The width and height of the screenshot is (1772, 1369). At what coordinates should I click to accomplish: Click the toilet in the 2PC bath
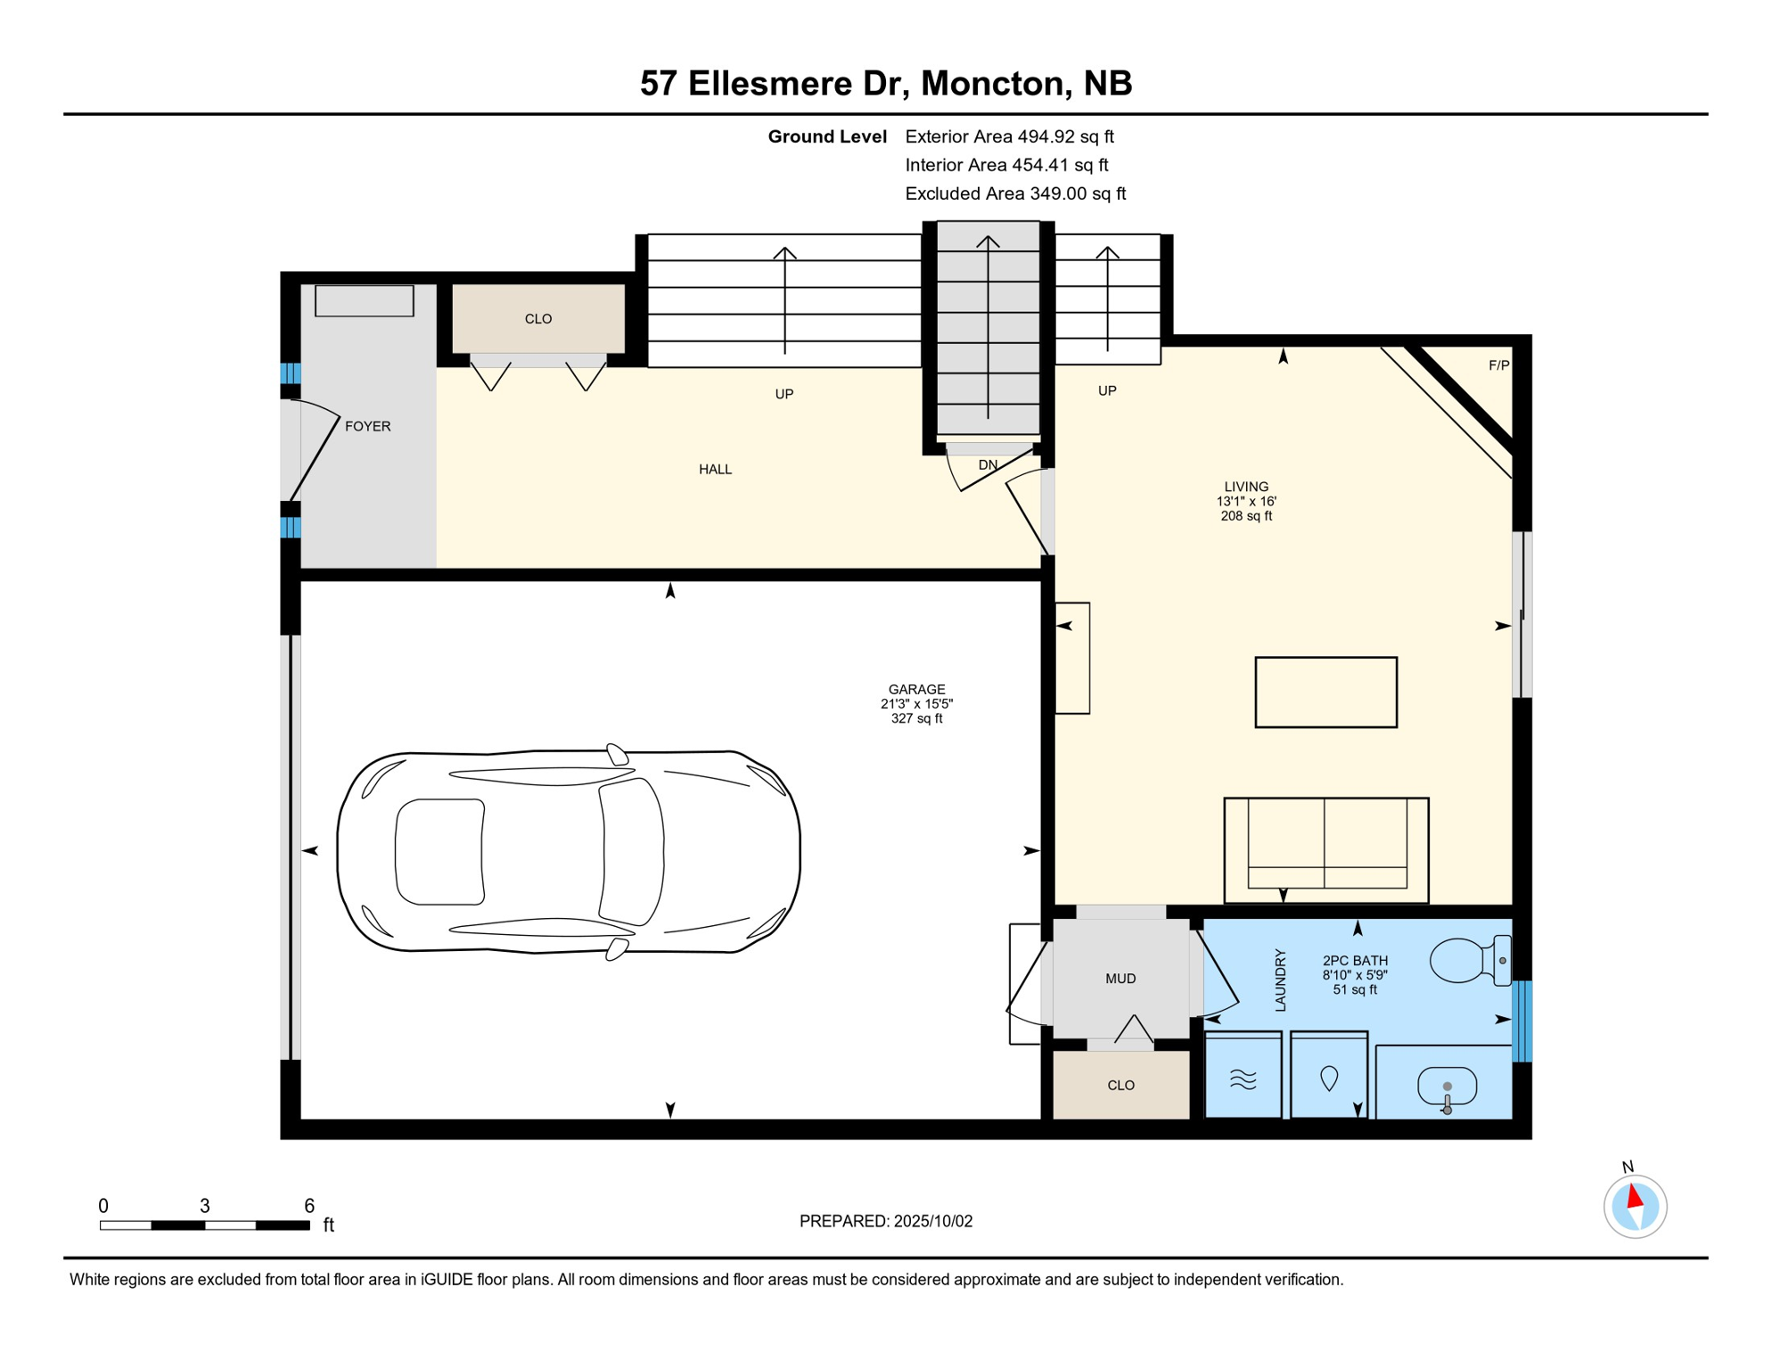[1470, 960]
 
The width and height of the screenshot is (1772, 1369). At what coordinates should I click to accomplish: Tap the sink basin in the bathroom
[1447, 1087]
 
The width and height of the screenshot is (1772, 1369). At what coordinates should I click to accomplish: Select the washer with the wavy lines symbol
[1243, 1075]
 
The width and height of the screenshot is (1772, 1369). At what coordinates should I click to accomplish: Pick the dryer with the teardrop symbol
[1329, 1075]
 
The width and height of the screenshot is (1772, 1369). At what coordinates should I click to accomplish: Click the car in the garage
[569, 851]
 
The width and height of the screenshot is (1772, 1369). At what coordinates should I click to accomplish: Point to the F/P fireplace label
[1498, 365]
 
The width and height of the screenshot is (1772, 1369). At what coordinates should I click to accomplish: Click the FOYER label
[367, 426]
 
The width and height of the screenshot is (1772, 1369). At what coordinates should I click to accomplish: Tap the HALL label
[715, 469]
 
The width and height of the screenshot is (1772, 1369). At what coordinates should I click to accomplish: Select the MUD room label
[1120, 979]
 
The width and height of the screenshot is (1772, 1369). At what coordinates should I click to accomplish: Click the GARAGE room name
[916, 689]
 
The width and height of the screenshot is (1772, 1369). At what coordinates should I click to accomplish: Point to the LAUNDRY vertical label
[1280, 980]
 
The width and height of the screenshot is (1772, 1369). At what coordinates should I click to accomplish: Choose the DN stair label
[988, 464]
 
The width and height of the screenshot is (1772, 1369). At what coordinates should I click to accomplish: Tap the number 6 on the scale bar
[309, 1206]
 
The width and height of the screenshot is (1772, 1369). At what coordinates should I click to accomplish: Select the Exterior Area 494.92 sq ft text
[1009, 136]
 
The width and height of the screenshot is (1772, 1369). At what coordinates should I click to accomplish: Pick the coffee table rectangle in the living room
[1325, 693]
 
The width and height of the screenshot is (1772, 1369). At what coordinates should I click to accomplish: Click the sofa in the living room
[1325, 850]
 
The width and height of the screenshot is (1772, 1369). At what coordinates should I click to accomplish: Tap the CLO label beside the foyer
[538, 319]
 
